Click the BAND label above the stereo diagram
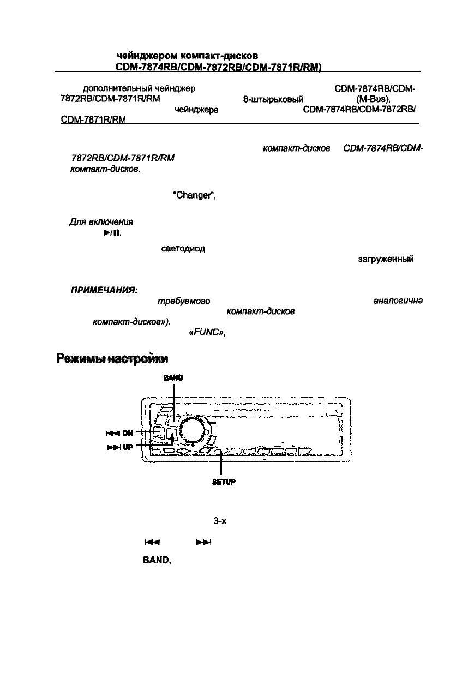173,377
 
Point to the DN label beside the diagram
127,434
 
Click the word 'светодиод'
183,249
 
